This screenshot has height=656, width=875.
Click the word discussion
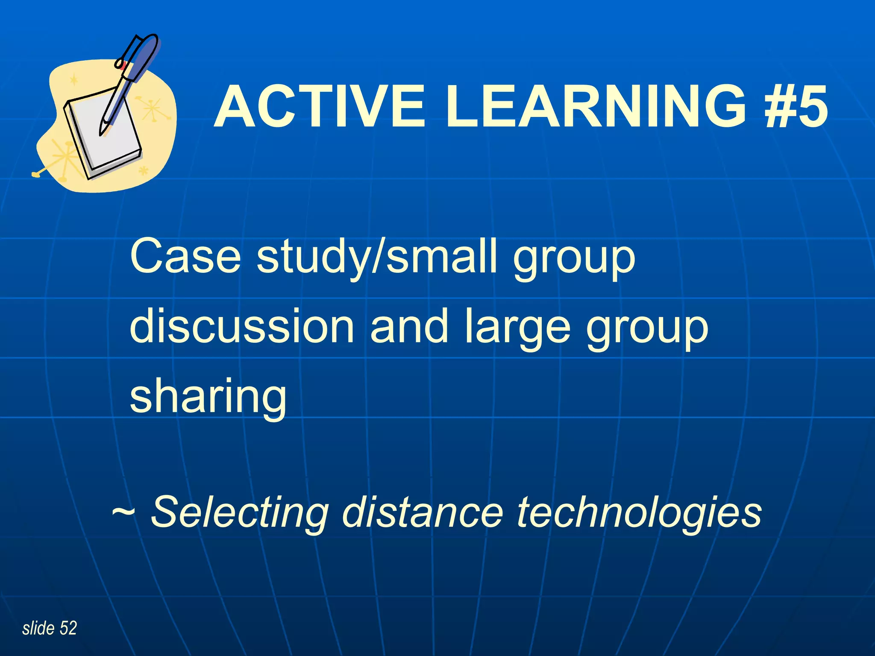242,327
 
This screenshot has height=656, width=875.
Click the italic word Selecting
240,512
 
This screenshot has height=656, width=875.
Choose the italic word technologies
639,512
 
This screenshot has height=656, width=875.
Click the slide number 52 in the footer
68,628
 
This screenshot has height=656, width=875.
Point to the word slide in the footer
38,628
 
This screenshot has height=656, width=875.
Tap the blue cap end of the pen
150,43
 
